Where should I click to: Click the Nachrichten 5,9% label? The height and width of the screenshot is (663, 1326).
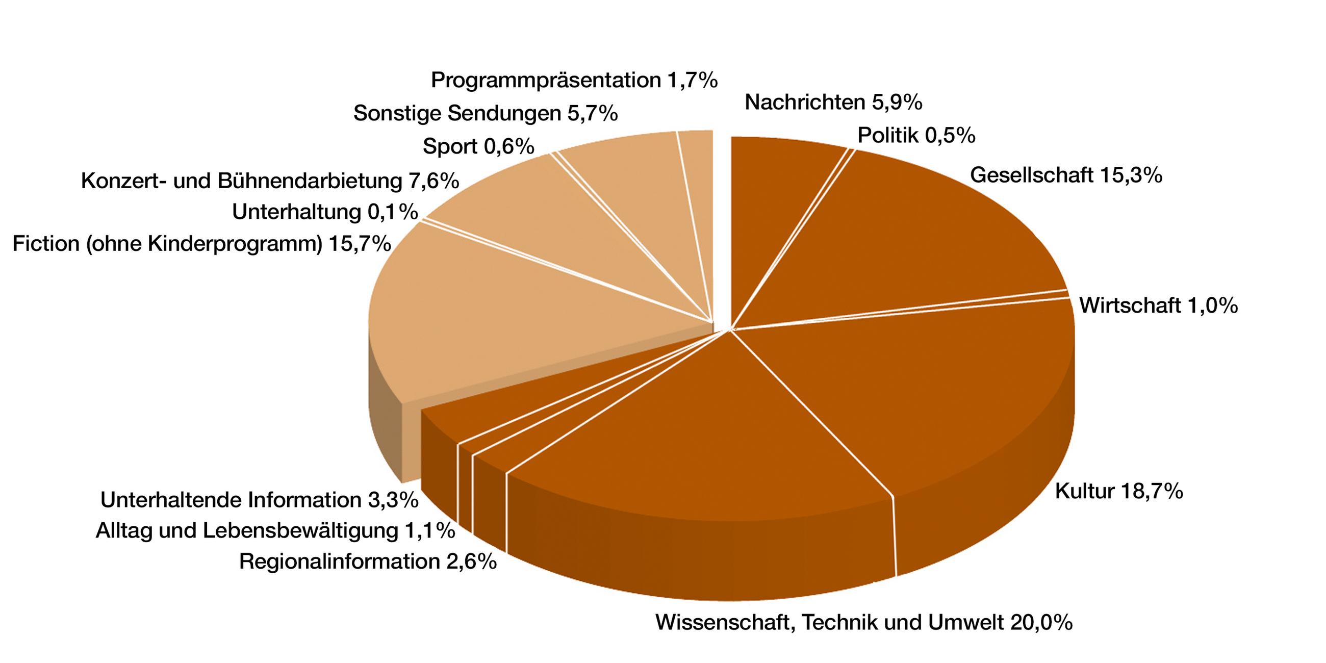click(833, 103)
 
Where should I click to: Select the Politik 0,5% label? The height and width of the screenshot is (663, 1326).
click(916, 135)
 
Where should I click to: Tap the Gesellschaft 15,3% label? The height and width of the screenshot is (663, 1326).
click(1066, 175)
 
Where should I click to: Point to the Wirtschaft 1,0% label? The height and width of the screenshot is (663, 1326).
click(1158, 306)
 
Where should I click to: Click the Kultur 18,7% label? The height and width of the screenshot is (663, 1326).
click(1119, 492)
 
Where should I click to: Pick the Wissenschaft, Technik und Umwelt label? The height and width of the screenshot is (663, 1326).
click(864, 622)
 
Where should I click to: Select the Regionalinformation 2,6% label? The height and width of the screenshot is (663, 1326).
click(368, 561)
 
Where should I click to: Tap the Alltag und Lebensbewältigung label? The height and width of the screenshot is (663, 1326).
click(275, 530)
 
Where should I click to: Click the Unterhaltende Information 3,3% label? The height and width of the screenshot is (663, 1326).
click(260, 500)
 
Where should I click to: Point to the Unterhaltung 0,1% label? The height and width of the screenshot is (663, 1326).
click(325, 212)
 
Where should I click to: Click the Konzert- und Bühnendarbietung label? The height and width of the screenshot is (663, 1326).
click(270, 181)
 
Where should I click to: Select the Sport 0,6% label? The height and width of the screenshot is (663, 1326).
click(478, 147)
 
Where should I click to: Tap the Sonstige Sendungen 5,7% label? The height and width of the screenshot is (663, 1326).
click(486, 113)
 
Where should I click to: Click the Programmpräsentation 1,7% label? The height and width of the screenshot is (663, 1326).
click(574, 80)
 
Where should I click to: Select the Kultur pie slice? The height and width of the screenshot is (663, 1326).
click(952, 391)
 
